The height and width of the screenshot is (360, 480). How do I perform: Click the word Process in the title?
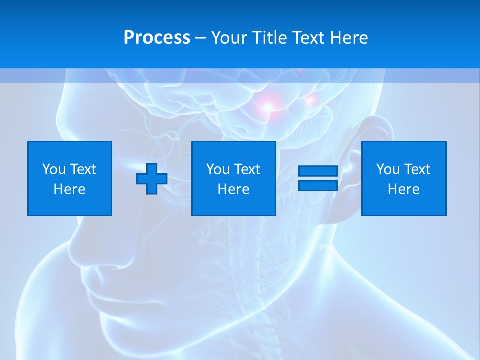coord(157,38)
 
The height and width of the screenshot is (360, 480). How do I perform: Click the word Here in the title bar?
coord(349,38)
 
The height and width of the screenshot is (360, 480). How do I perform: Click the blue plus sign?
coord(152,179)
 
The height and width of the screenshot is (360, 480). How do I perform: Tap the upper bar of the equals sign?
coord(318,171)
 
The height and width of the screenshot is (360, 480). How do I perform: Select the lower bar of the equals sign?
coord(318,186)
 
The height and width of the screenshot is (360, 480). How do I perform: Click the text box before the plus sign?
coord(70,178)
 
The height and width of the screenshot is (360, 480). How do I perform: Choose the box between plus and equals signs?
coord(234,178)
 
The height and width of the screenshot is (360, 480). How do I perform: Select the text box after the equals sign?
coord(404,178)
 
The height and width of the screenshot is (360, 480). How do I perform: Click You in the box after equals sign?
coord(388,169)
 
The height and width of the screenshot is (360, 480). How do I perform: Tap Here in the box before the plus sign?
coord(70,189)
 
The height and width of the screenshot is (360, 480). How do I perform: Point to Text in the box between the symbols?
coord(248,169)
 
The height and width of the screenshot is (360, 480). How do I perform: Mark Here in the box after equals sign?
coord(404,189)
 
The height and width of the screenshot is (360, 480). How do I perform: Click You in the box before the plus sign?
coord(54,169)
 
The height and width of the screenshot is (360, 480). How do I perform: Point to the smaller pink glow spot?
coord(309,100)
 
